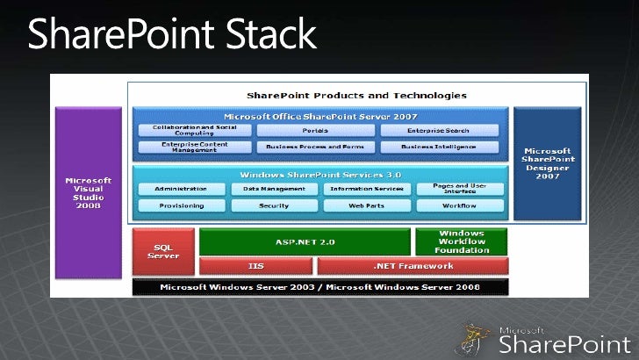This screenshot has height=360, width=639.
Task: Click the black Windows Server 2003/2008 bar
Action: click(x=319, y=286)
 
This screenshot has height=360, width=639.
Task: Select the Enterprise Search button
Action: click(x=439, y=130)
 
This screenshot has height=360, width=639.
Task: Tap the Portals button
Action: click(x=315, y=130)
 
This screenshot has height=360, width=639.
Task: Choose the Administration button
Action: click(x=181, y=189)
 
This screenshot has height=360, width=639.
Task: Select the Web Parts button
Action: click(x=364, y=205)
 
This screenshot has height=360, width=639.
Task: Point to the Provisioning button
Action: click(x=181, y=205)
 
